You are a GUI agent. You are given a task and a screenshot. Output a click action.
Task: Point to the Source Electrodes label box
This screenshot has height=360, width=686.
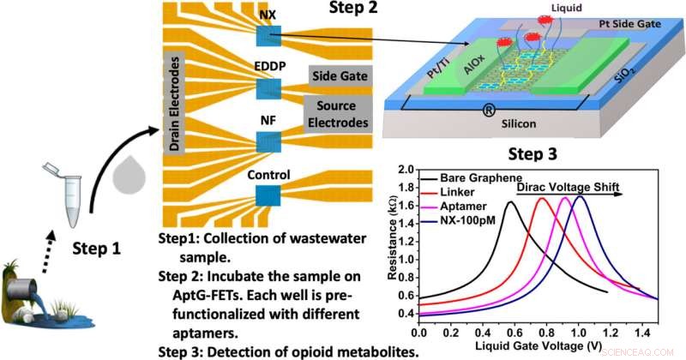click(337, 114)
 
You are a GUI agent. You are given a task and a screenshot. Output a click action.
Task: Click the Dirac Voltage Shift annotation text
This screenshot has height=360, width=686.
click(568, 184)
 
